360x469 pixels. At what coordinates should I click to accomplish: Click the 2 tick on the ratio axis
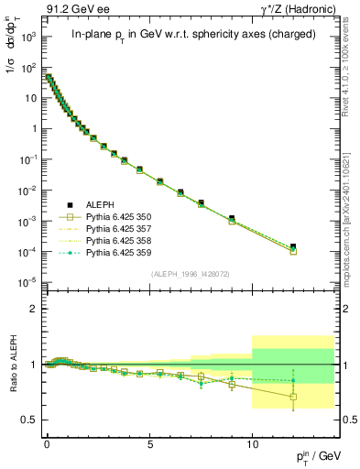[34, 309]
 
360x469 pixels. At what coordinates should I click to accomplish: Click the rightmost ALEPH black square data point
[293, 246]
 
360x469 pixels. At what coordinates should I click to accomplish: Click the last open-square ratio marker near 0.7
[293, 397]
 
